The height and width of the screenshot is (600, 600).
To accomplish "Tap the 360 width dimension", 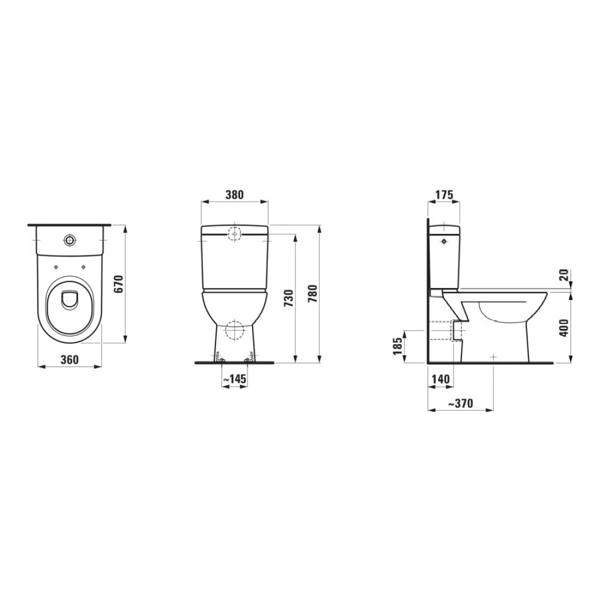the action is coord(69,359).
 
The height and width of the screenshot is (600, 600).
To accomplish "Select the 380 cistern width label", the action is coord(234,195).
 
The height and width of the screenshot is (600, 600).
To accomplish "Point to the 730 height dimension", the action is coord(289,298).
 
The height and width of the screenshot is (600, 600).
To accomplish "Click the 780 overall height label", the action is coord(312,293).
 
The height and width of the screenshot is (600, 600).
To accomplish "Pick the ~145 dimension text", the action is coord(234,379).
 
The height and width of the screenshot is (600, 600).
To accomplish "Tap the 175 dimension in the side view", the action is coord(443,195).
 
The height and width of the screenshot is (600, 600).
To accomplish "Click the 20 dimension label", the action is coord(564,275).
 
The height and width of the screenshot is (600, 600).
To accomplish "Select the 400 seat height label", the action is coord(564,328).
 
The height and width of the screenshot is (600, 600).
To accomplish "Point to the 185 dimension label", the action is coord(397,346).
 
